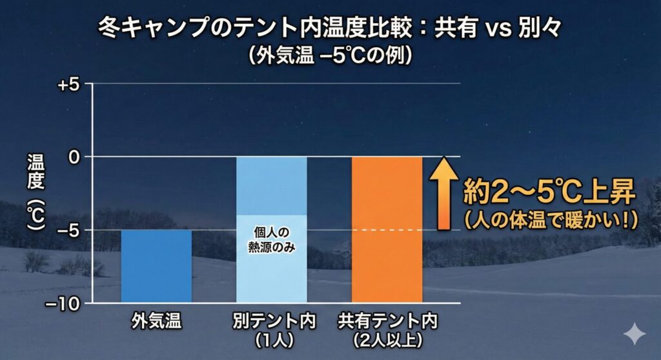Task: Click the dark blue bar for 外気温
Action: (156, 265)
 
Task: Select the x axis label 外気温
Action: (156, 319)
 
